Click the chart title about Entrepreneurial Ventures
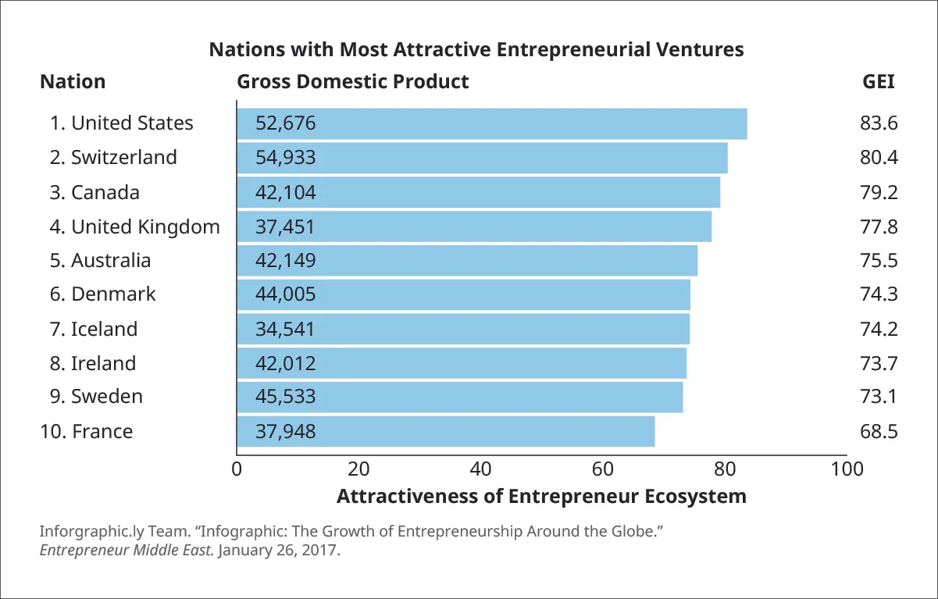pyautogui.click(x=476, y=50)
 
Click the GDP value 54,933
pyautogui.click(x=286, y=158)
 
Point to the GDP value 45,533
pyautogui.click(x=286, y=397)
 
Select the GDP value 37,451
pyautogui.click(x=286, y=226)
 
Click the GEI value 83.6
pyautogui.click(x=879, y=123)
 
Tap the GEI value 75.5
pyautogui.click(x=879, y=260)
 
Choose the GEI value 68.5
pyautogui.click(x=879, y=431)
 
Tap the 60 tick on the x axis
pyautogui.click(x=603, y=469)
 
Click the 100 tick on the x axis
pyautogui.click(x=847, y=469)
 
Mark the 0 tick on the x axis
pyautogui.click(x=237, y=469)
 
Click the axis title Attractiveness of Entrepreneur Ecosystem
pyautogui.click(x=541, y=497)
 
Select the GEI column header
pyautogui.click(x=879, y=82)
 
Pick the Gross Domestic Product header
pyautogui.click(x=353, y=82)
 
